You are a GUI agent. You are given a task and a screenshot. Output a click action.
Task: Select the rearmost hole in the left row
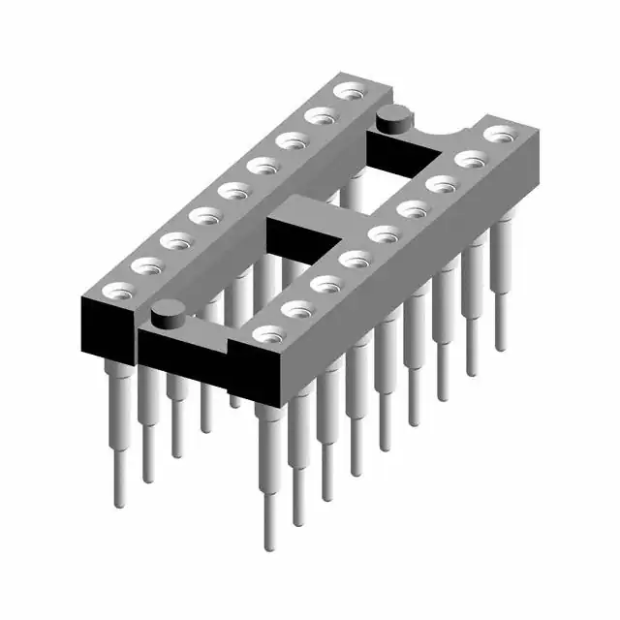347,92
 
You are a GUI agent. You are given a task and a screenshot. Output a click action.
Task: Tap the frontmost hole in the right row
268,334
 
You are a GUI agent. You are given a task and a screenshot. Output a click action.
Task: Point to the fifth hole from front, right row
384,233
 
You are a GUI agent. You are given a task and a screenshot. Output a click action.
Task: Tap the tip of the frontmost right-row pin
268,542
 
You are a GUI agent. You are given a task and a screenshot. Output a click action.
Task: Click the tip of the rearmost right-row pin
501,344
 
